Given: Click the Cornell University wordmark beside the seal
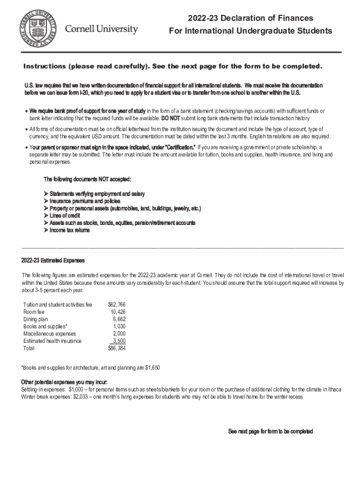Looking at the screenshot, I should coord(101,29).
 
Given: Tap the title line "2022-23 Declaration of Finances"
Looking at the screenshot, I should coord(250,18).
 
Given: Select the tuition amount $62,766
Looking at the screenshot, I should coord(116,305).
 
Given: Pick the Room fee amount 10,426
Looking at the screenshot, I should coord(118,312).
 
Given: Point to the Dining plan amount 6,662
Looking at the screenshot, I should coord(119,319).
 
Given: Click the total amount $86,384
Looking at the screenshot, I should coord(116,348).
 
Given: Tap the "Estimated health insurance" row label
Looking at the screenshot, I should coord(52,341).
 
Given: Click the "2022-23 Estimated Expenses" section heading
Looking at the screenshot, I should coord(52,261).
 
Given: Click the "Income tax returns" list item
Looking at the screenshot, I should coord(69,230).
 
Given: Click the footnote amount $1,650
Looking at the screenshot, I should coord(152,368).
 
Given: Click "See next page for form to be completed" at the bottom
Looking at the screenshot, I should coord(270,432).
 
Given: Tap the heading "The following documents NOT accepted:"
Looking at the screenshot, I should coord(87,180).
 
